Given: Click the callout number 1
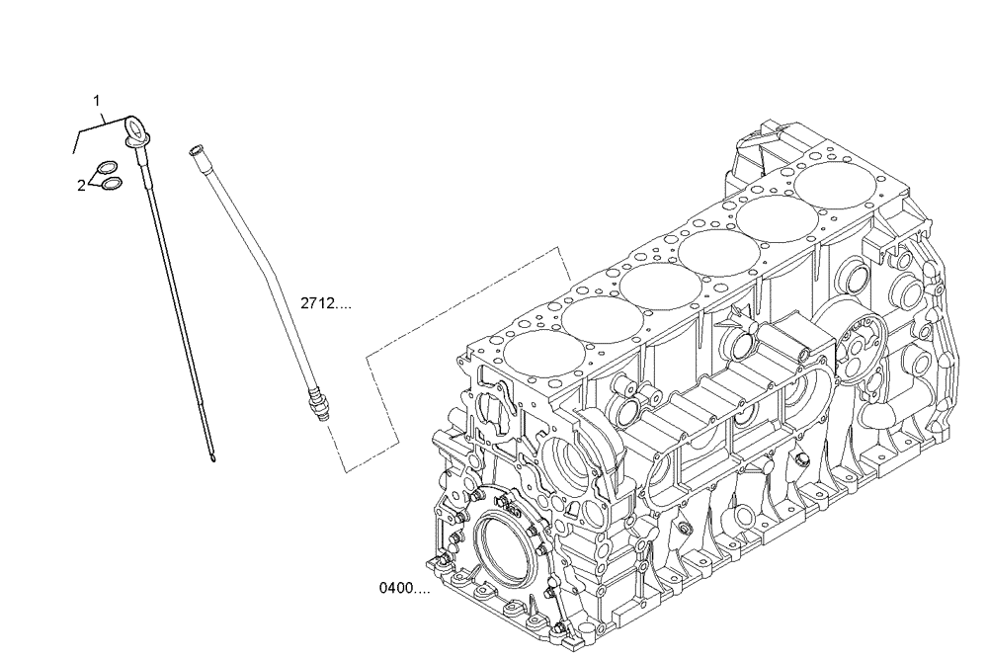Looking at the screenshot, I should pos(97,100).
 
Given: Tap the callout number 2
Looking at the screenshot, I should pos(82,184).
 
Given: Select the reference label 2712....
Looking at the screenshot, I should pos(325,304).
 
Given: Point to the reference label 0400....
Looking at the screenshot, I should pos(403,589).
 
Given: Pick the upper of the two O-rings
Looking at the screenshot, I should pos(108,168).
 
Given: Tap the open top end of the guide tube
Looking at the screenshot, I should pos(195,149).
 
